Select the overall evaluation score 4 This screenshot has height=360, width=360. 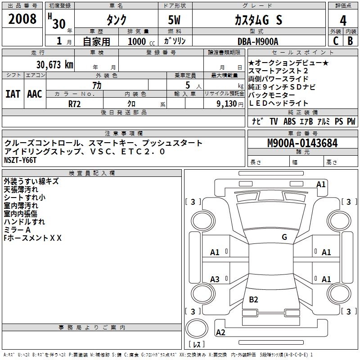tap(343, 21)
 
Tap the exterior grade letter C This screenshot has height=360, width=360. tap(336, 41)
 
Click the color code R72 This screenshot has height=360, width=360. tap(75, 103)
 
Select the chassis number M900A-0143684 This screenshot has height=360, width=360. tap(302, 144)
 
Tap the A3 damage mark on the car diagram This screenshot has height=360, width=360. tap(215, 279)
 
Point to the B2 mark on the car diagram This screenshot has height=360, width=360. tap(254, 299)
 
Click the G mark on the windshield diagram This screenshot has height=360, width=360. tap(284, 237)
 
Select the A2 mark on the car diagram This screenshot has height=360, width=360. tap(220, 332)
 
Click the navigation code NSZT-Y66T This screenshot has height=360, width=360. tap(20, 160)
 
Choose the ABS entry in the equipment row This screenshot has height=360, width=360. tap(290, 121)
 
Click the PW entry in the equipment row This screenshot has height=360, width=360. tap(351, 121)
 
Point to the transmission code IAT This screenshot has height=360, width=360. tap(13, 94)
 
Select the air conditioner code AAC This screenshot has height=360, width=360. tap(35, 94)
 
